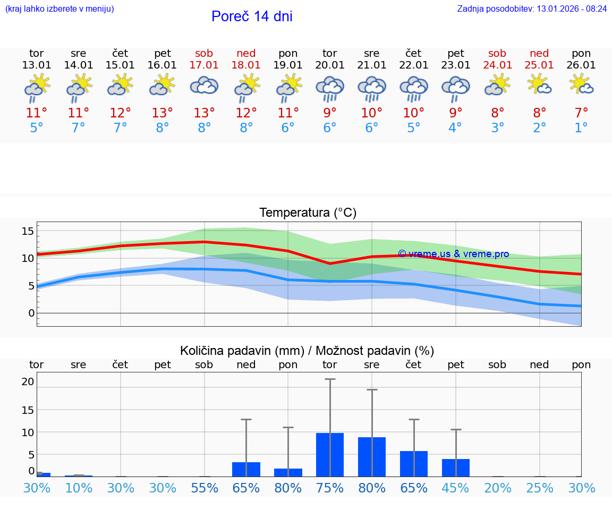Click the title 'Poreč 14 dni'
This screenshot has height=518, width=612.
click(252, 16)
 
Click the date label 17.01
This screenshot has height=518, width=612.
click(204, 65)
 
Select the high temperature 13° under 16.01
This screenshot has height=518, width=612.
click(163, 113)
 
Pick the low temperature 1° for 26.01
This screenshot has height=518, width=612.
click(581, 128)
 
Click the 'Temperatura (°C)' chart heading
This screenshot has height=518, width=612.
click(308, 213)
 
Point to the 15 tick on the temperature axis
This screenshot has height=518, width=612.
click(28, 231)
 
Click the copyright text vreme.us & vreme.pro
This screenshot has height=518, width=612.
click(453, 254)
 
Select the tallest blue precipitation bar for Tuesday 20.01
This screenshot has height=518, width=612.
click(330, 455)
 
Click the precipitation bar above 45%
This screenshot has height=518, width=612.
click(456, 468)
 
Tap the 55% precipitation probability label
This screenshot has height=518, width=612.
click(205, 488)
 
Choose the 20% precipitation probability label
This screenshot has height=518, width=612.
click(498, 488)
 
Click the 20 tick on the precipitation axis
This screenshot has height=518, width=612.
click(28, 381)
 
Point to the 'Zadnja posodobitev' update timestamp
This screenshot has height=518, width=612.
click(532, 9)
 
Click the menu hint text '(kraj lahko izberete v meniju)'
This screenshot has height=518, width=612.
click(59, 9)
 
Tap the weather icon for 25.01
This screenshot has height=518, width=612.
click(539, 85)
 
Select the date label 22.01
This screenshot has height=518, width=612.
click(413, 65)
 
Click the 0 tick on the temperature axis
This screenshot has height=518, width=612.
click(31, 313)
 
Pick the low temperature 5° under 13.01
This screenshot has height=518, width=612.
click(37, 128)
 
